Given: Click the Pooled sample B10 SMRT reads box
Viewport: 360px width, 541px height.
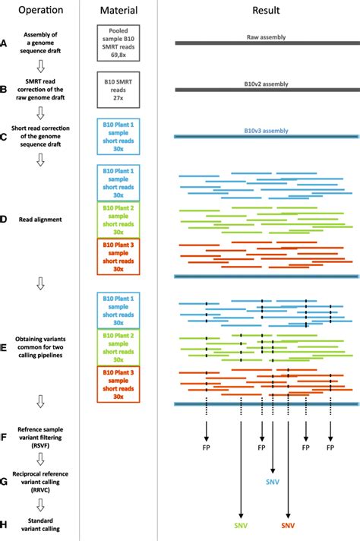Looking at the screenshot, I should click(118, 42).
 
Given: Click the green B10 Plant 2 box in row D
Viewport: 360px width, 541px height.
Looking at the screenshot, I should click(118, 219).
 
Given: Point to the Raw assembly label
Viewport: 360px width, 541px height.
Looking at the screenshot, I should click(260, 36).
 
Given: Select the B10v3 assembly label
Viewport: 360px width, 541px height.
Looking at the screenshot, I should click(260, 130).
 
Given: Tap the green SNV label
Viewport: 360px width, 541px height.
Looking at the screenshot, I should click(241, 525).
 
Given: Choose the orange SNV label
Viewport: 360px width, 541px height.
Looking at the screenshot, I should click(288, 525).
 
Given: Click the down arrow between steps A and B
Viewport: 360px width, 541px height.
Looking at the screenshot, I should click(43, 65).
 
